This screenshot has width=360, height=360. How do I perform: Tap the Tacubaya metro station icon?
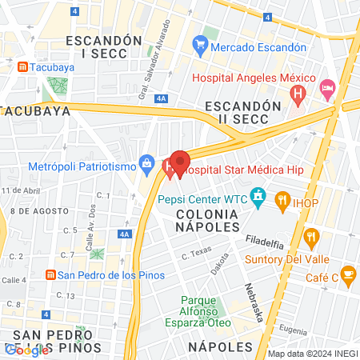(22, 67)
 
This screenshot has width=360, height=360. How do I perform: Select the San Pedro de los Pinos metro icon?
(50, 275)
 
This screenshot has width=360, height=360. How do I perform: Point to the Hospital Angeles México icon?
(298, 97)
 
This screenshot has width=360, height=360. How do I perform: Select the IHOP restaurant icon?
(282, 199)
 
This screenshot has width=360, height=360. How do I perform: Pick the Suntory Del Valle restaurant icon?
(312, 236)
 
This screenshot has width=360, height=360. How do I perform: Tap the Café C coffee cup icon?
(348, 276)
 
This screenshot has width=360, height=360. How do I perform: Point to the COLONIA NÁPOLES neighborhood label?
(206, 222)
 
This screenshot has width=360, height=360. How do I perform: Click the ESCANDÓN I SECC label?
(104, 48)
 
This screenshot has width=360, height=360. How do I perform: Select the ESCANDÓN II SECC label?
(242, 113)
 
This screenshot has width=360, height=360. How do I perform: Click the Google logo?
(26, 350)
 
